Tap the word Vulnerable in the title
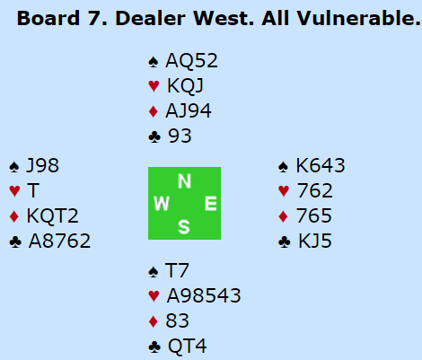[x=358, y=18]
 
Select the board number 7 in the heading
[x=94, y=18]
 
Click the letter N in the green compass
[x=184, y=181]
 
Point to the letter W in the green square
[x=162, y=204]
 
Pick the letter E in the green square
[x=211, y=204]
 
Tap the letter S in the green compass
[x=184, y=226]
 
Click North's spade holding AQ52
[x=191, y=60]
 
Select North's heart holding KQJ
[x=185, y=86]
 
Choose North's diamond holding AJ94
[x=189, y=110]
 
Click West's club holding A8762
[x=59, y=241]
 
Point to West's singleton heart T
[x=33, y=190]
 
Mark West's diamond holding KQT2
[x=53, y=215]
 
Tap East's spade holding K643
[x=321, y=165]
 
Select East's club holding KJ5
[x=315, y=241]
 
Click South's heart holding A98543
[x=204, y=296]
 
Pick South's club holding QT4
[x=188, y=347]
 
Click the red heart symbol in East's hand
[x=284, y=191]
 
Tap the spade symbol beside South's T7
[x=154, y=272]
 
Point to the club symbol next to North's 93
[x=154, y=137]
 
